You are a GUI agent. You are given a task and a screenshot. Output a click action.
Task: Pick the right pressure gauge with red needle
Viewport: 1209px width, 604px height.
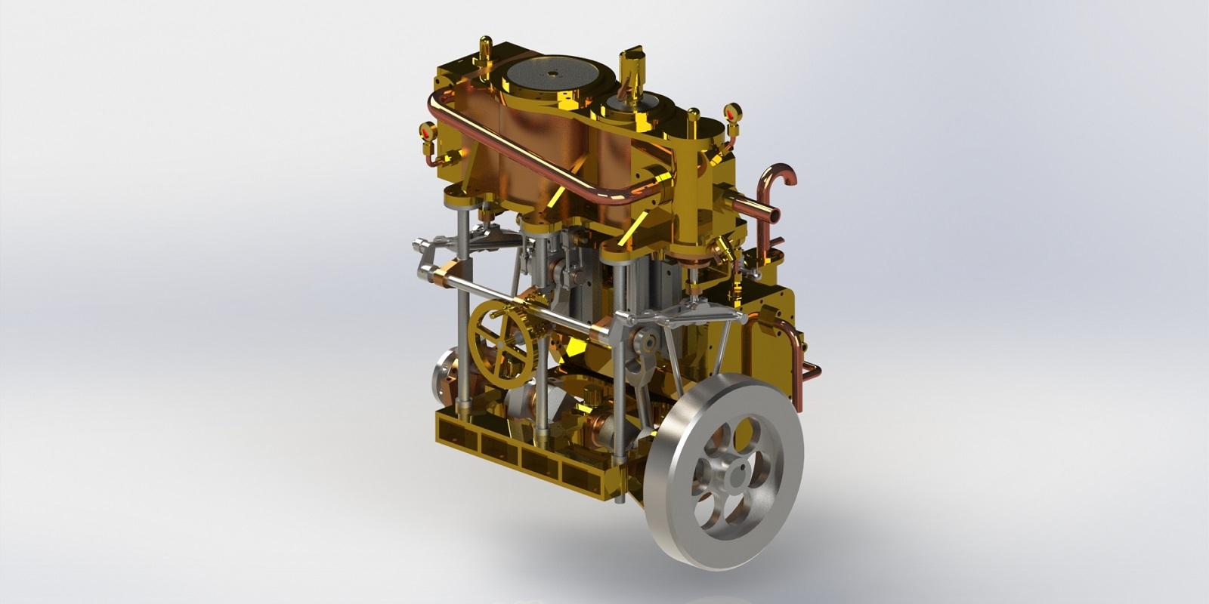(730, 114)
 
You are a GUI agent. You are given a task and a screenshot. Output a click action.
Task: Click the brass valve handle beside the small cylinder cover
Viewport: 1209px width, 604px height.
(632, 64)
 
